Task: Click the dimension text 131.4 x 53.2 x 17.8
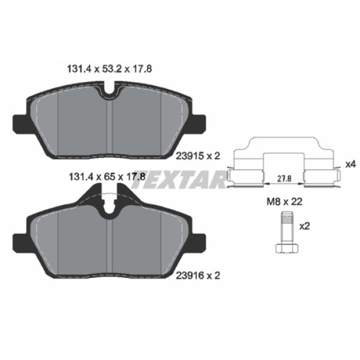(107, 69)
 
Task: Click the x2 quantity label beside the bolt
(304, 226)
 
